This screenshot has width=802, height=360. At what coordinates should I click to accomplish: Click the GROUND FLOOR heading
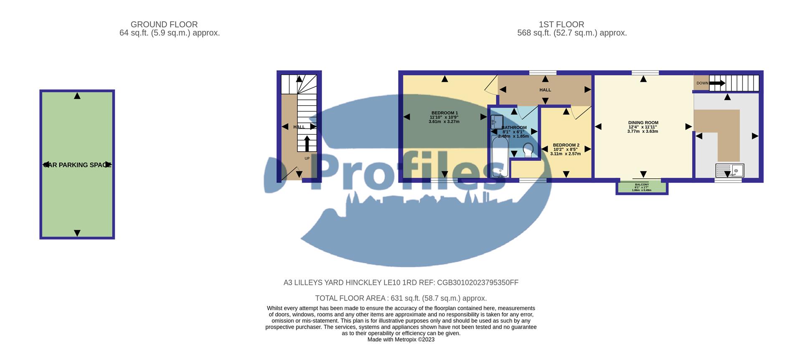[164, 25]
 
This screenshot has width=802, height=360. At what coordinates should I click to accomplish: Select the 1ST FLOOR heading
[561, 25]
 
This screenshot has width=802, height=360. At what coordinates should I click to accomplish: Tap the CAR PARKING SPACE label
[77, 165]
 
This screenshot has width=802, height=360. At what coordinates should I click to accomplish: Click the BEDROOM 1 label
[444, 113]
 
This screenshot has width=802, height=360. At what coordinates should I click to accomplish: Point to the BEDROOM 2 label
[566, 145]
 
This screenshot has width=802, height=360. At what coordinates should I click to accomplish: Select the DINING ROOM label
[643, 123]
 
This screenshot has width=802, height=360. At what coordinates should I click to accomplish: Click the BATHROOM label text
[514, 128]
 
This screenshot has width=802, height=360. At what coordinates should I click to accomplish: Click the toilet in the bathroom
[528, 150]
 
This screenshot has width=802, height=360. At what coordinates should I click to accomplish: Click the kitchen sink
[729, 170]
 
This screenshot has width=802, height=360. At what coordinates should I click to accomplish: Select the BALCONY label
[642, 185]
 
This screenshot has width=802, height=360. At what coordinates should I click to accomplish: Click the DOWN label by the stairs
[702, 83]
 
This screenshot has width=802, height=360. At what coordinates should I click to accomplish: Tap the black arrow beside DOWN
[717, 83]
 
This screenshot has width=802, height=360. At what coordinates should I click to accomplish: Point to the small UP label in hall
[307, 159]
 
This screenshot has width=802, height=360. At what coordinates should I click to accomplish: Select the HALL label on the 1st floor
[545, 90]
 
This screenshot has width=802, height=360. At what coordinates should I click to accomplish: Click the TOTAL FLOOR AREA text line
[401, 298]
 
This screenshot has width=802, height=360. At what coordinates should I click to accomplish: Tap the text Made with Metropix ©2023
[401, 340]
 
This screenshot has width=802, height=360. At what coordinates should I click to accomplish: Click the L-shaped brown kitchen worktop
[727, 125]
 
